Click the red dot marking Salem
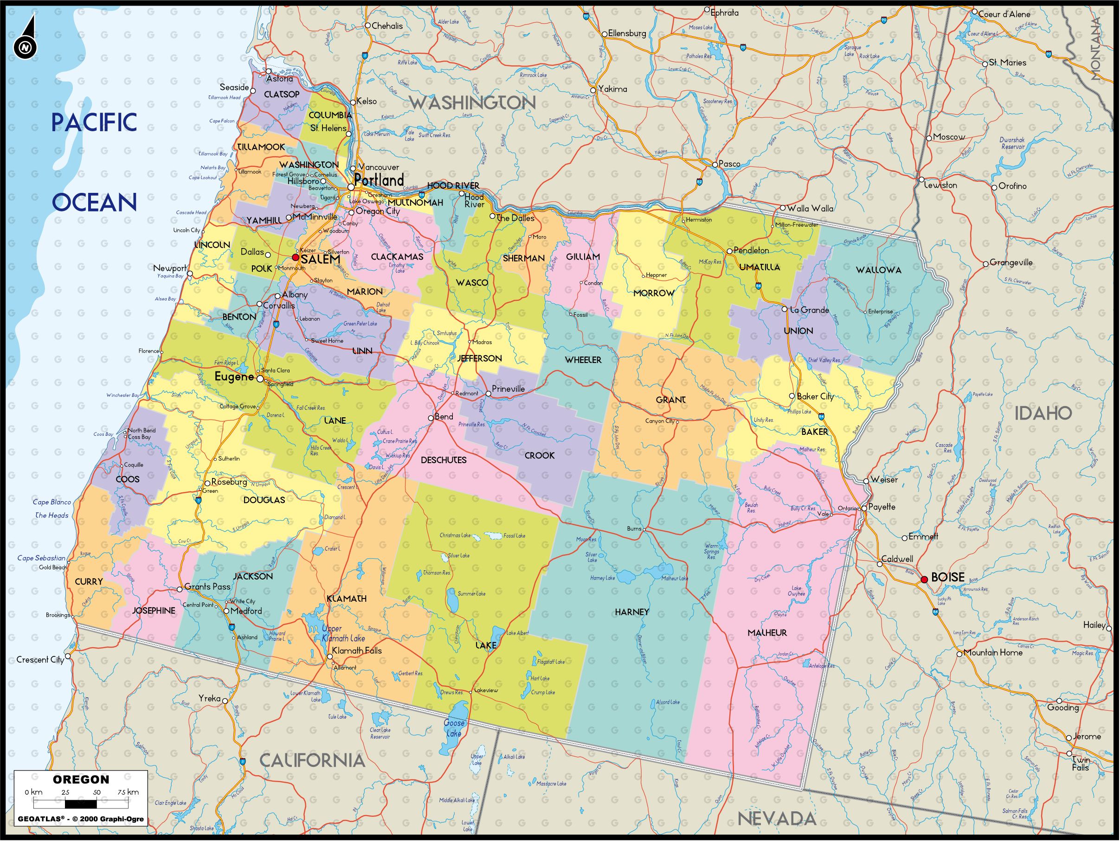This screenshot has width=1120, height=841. coord(296,258)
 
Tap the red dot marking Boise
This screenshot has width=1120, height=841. coord(924,580)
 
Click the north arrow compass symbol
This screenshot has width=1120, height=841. coord(26,38)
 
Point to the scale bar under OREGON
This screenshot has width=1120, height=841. coord(81,803)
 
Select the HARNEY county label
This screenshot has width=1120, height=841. coord(631,612)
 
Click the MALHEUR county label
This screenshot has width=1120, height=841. coord(767,632)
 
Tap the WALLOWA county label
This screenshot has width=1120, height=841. coord(878,270)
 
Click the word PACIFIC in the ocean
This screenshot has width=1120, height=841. coord(94,122)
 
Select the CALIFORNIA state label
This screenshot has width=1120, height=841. coord(312,760)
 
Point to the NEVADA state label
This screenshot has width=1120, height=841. coord(776,818)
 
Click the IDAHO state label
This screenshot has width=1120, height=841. coord(1043,414)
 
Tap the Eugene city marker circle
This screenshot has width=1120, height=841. coord(260,378)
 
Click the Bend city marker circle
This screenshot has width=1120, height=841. coord(431,418)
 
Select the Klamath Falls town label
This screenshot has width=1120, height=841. coord(357,650)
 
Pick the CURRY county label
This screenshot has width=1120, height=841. coord(89,581)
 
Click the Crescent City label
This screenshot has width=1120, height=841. coord(40,659)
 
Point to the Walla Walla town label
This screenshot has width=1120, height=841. coord(810,208)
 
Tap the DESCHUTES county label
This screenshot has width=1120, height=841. coord(444,460)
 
